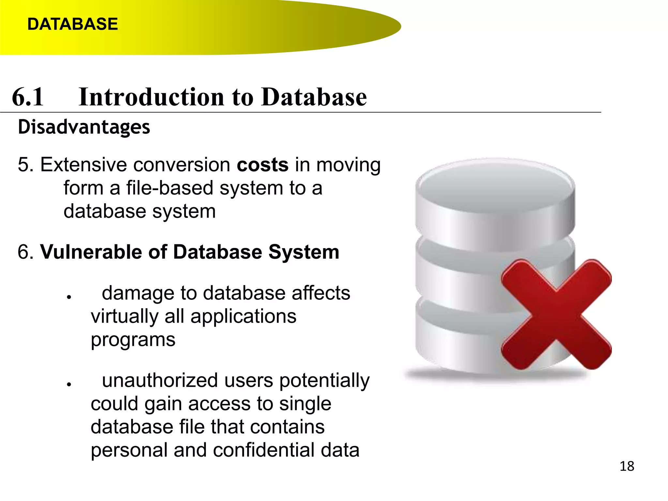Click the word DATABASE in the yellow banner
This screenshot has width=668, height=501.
click(72, 24)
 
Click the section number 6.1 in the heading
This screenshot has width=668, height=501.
click(28, 97)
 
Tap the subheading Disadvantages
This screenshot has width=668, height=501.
click(84, 127)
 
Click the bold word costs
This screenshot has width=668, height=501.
click(263, 165)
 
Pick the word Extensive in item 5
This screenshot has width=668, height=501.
click(83, 165)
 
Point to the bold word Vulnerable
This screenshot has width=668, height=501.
click(91, 252)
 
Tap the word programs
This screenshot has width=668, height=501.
click(133, 340)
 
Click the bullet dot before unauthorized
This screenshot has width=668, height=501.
click(69, 384)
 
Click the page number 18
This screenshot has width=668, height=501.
click(627, 466)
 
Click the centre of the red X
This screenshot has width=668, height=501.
click(556, 314)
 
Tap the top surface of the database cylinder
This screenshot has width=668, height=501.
click(495, 186)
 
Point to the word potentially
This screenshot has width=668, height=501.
click(324, 380)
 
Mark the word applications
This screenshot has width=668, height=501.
click(243, 316)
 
